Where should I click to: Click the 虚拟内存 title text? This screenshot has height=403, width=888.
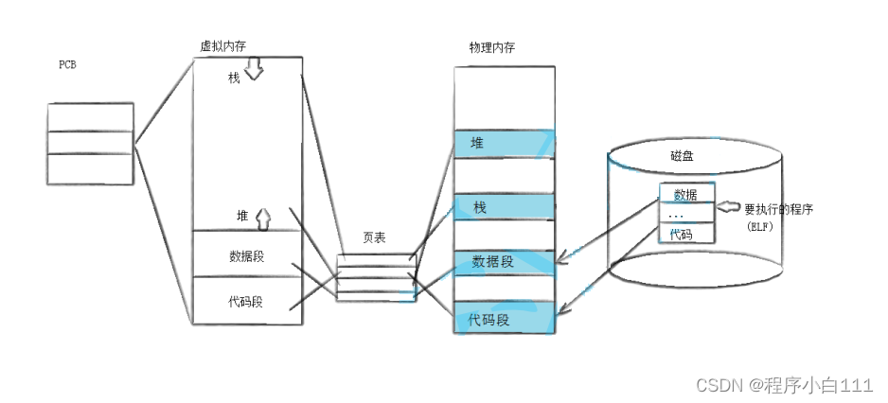click(x=222, y=45)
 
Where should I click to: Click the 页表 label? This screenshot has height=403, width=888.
click(x=374, y=237)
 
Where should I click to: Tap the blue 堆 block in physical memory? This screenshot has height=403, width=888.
click(x=503, y=144)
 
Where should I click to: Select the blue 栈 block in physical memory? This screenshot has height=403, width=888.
click(x=503, y=207)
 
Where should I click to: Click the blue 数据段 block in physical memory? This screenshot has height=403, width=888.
click(x=503, y=262)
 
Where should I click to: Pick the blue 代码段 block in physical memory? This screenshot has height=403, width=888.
click(x=503, y=320)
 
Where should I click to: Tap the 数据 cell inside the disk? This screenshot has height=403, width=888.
click(x=686, y=195)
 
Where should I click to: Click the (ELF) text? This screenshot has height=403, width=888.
click(x=761, y=228)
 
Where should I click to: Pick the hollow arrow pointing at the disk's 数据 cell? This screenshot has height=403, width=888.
click(x=728, y=207)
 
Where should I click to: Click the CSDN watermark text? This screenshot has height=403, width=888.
click(x=783, y=385)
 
